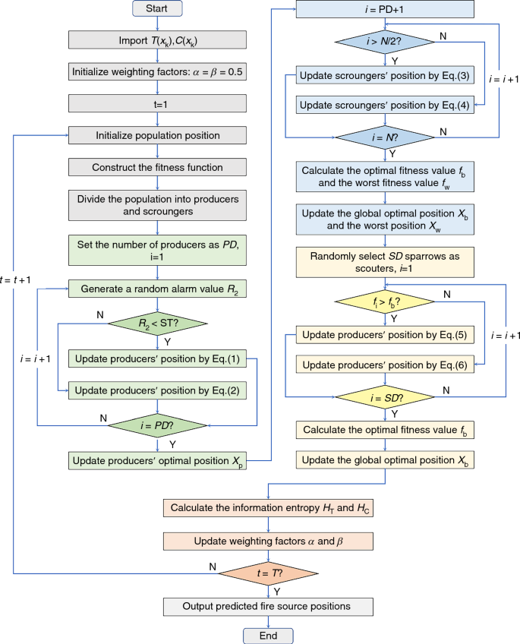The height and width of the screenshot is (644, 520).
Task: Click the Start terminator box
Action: point(157,9)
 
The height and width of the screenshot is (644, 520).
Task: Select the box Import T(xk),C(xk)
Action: point(157,41)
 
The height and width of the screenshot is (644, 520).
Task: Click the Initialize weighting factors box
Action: point(157,73)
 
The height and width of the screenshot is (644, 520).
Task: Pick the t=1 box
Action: point(157,104)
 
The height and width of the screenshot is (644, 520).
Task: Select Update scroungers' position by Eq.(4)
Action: point(386,106)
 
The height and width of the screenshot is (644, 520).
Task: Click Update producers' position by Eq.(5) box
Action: point(386,334)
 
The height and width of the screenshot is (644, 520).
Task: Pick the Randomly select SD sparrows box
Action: point(386,261)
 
